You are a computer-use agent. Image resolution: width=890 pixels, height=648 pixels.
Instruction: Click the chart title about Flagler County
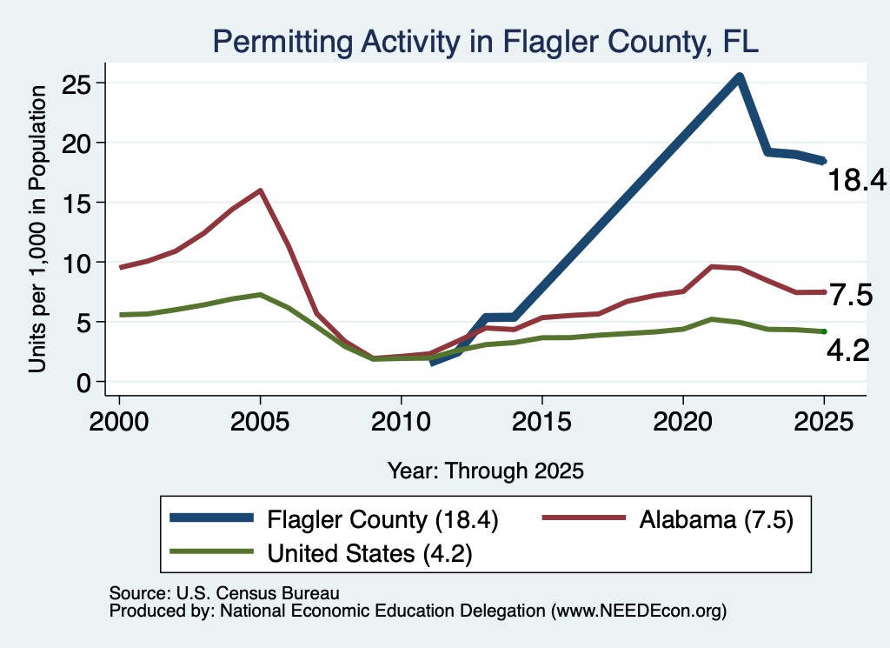[x=486, y=42]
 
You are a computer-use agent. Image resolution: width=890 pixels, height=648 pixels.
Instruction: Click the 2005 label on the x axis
[x=260, y=422]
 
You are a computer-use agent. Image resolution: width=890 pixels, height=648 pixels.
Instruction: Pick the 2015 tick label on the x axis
[x=542, y=422]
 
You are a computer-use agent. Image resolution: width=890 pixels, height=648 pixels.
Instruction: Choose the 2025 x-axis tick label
[x=824, y=422]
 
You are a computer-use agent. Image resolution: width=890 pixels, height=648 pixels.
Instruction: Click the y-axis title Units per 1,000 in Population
[x=37, y=229]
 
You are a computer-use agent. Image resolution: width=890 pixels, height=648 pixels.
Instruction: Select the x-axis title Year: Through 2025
[x=486, y=471]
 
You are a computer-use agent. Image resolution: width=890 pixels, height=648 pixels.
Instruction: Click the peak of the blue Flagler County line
[x=739, y=77]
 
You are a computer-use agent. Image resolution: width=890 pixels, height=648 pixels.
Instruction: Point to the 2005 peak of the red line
[x=260, y=190]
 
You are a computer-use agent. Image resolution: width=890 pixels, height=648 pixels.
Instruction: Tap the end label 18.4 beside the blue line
[x=857, y=180]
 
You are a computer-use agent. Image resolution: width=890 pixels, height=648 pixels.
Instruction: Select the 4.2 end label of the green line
[x=848, y=351]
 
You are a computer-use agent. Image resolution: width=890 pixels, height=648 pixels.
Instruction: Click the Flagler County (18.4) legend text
[x=382, y=519]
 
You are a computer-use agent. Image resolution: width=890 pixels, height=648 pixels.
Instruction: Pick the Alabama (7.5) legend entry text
[x=716, y=519]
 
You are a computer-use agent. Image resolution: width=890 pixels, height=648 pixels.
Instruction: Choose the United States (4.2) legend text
[x=369, y=553]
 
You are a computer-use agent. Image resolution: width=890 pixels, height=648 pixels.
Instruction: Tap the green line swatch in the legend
[x=211, y=551]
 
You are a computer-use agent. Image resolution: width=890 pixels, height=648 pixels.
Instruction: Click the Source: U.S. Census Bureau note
[x=224, y=593]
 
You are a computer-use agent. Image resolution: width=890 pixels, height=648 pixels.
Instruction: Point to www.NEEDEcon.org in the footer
[x=639, y=611]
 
